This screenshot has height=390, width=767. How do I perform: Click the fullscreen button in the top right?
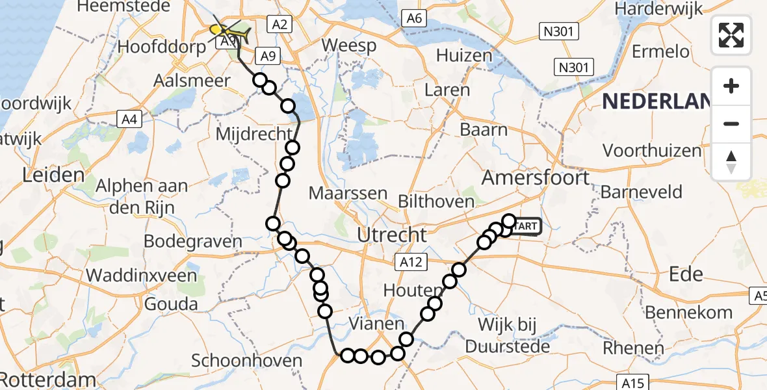point(731,35)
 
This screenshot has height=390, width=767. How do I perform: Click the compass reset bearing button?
point(731,162)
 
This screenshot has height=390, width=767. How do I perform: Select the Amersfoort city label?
point(536,177)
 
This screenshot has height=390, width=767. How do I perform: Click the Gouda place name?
point(172,304)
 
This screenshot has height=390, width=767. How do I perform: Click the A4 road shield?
point(128,119)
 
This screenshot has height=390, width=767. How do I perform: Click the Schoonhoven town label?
point(248,361)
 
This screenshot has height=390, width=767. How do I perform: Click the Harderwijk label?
point(659,9)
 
